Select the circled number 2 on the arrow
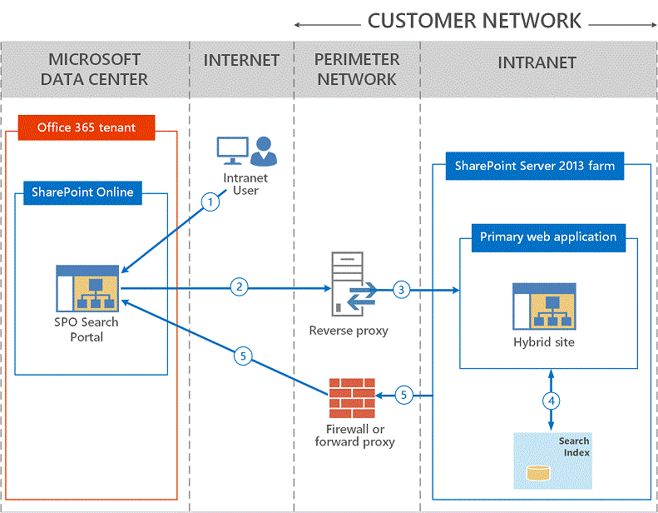click(239, 287)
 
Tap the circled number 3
click(402, 290)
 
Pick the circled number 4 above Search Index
click(550, 400)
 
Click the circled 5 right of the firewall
click(403, 395)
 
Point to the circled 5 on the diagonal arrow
click(243, 356)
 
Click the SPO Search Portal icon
click(87, 287)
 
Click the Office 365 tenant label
click(86, 127)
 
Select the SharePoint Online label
click(82, 192)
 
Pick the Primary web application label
click(548, 237)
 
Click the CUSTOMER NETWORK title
click(474, 21)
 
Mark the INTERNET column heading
click(241, 61)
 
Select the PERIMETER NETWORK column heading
click(357, 69)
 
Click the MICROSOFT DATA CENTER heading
click(94, 69)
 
